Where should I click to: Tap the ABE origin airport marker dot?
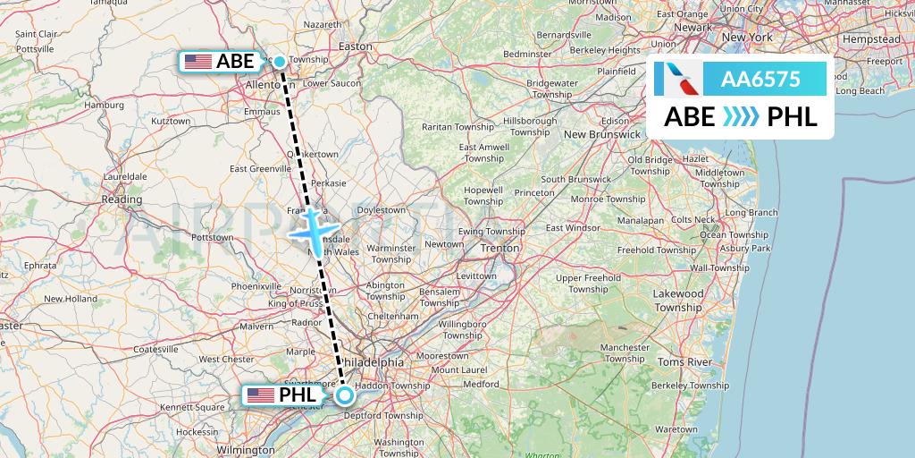coord(280,62)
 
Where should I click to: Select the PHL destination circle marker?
coord(345,394)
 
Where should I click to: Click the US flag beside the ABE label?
coord(198,62)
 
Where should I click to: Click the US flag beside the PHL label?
coord(261,394)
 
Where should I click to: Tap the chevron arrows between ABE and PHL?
coord(741,117)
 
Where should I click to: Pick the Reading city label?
coord(122,199)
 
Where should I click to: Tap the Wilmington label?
coord(246,450)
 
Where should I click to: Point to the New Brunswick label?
coord(601,134)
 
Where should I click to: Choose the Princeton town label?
coord(534,192)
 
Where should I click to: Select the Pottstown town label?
coord(211,238)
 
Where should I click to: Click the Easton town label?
coord(356,46)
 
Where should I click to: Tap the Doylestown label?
coord(382,210)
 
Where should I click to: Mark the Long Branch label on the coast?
coord(751,212)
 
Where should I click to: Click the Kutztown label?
coord(171,121)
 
